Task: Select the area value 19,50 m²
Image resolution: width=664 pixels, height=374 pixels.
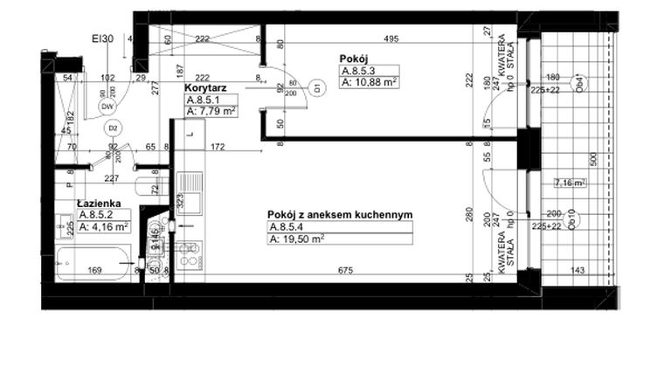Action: [297, 238]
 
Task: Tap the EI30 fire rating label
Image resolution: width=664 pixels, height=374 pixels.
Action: [104, 38]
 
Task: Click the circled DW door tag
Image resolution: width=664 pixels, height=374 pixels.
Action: [108, 107]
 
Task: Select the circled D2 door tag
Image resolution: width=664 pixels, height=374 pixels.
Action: [113, 128]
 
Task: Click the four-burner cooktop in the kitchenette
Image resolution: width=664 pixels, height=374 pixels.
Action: [188, 253]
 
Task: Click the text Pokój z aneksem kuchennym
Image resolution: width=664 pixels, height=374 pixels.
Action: [339, 214]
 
